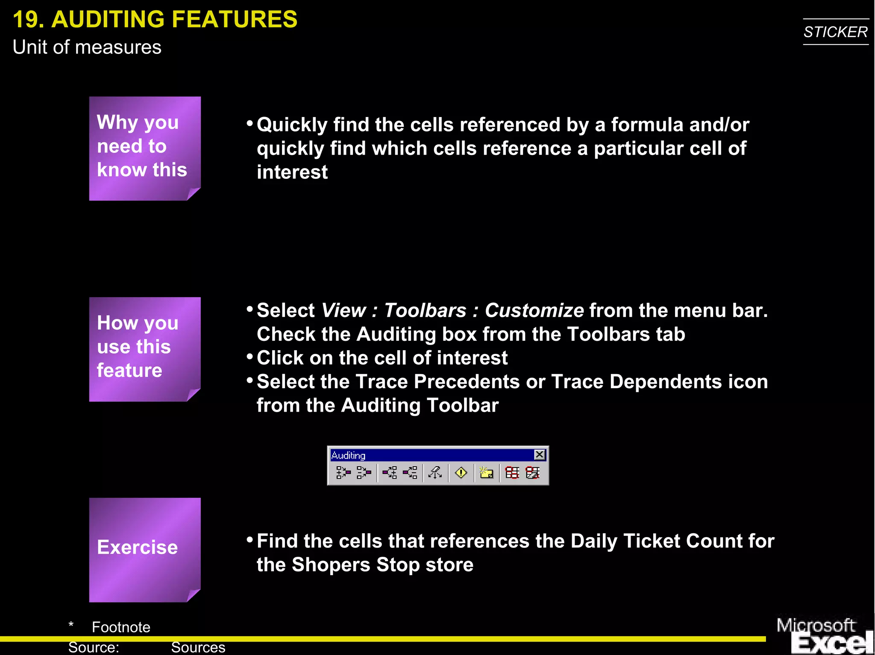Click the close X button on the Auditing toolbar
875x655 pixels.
pos(540,455)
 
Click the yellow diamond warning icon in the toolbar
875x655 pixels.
pos(461,473)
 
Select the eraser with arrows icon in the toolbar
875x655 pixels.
pos(435,473)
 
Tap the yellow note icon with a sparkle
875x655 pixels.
pos(486,473)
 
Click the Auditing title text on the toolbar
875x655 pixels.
pos(348,456)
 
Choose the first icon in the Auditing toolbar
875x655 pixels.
pos(343,473)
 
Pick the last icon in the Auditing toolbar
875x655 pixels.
pos(533,473)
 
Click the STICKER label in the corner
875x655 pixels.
pos(835,32)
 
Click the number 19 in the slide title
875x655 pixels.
pos(28,20)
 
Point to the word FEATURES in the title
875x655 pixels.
pos(235,20)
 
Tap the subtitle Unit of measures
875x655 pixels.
pos(87,47)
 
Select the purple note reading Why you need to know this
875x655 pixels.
pos(145,148)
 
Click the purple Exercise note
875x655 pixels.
pos(145,550)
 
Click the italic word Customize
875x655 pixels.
pos(534,310)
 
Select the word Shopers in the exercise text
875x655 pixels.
pos(331,565)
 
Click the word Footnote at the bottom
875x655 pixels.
pos(121,627)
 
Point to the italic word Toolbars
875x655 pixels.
pos(425,310)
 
